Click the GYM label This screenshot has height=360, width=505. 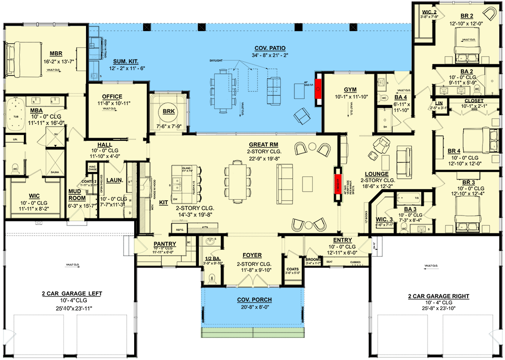[350, 89]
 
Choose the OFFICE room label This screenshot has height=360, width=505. [112, 97]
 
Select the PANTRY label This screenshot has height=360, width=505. [165, 244]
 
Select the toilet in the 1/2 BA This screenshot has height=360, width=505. [212, 278]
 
